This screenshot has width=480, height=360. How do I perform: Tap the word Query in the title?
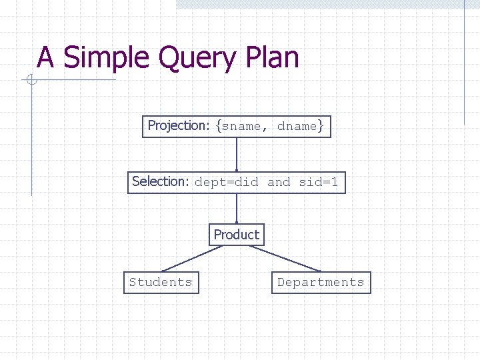pos(197,59)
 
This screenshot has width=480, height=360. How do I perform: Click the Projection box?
pos(236,126)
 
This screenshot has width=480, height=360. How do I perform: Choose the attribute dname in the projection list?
pos(297,127)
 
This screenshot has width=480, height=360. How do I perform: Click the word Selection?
pos(161,181)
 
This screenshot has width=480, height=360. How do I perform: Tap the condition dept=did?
pos(226,182)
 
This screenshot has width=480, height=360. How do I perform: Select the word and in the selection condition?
pos(279,182)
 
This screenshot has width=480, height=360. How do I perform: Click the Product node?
pos(236,235)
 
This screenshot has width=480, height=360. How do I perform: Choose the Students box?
pos(161,282)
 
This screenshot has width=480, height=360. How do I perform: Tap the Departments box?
pos(321,282)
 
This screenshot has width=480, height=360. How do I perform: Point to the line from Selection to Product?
pos(237,208)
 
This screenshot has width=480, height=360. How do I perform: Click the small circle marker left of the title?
pos(31,81)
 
